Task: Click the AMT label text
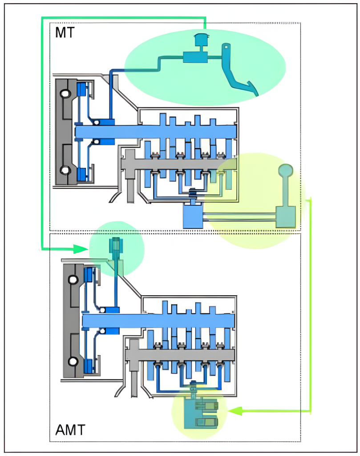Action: tap(70, 431)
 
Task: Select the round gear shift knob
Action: tap(286, 170)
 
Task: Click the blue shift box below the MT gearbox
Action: tap(193, 217)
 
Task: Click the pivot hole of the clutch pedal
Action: tap(226, 45)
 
